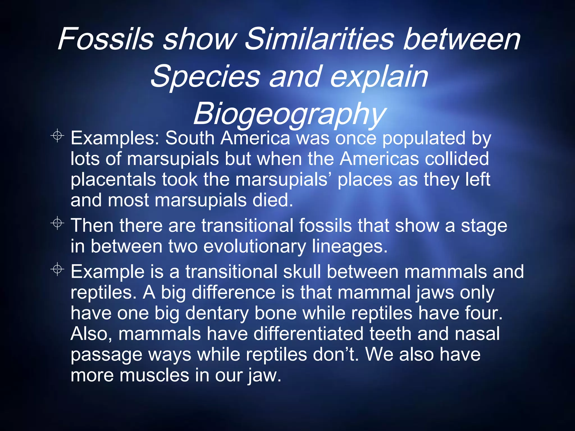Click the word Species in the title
(x=205, y=77)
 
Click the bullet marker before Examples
(x=57, y=136)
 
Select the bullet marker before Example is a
(x=57, y=270)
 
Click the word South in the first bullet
(x=190, y=138)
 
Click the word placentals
(x=113, y=180)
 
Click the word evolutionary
(x=254, y=246)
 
